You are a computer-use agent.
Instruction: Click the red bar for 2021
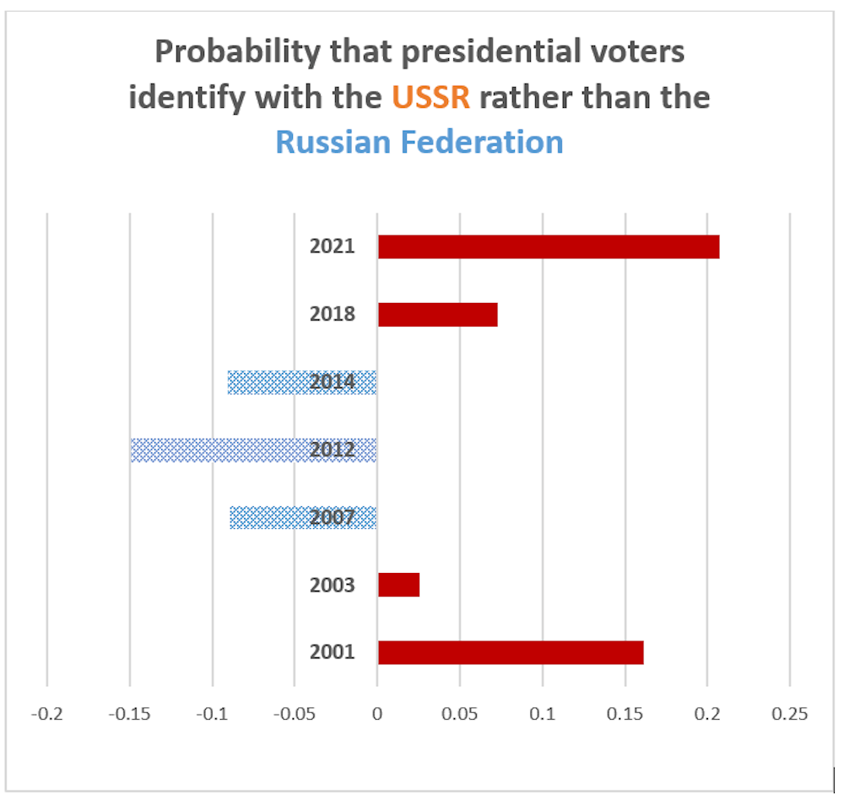[549, 247]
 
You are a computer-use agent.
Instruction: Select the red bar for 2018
[437, 315]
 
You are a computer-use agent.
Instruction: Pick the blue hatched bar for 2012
[219, 450]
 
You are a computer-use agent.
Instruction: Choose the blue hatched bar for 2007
[270, 517]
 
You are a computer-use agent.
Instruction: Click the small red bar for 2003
[398, 585]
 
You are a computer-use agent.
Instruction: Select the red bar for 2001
[511, 652]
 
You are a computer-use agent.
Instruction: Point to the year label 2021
[332, 247]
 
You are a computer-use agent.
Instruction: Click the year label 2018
[332, 315]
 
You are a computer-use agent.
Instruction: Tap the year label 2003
[332, 585]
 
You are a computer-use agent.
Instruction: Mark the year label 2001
[332, 652]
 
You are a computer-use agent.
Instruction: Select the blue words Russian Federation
[419, 142]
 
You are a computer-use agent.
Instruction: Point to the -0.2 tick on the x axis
[46, 714]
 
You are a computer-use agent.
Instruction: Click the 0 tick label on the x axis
[377, 714]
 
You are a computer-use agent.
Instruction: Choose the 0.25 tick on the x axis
[790, 714]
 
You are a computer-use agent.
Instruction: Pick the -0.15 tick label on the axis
[129, 714]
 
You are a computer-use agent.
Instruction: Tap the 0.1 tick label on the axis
[543, 714]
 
